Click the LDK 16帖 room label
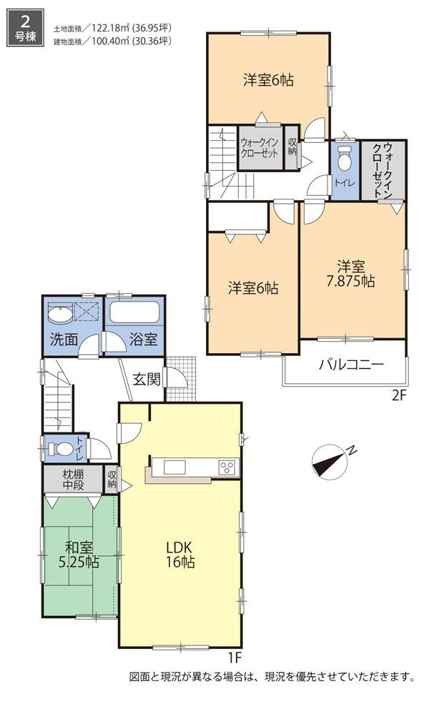click(x=179, y=554)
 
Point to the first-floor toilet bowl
click(x=63, y=450)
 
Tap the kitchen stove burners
click(x=227, y=468)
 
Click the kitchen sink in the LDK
click(x=175, y=467)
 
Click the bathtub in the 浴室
click(x=134, y=313)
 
